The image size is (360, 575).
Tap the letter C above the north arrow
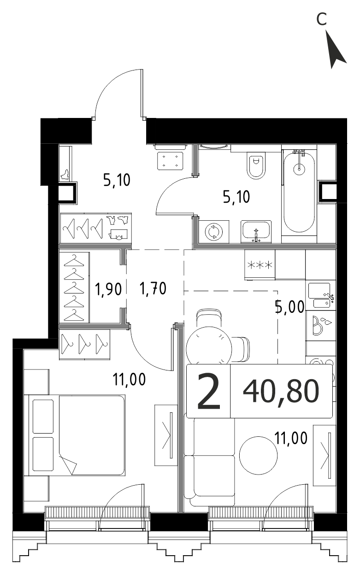pyautogui.click(x=321, y=19)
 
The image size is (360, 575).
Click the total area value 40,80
pyautogui.click(x=281, y=392)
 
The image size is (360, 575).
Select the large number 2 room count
pyautogui.click(x=208, y=391)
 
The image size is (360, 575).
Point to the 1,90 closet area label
pyautogui.click(x=108, y=289)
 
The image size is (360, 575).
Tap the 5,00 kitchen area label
pyautogui.click(x=289, y=307)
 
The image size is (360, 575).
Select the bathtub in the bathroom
pyautogui.click(x=299, y=193)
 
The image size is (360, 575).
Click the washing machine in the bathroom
pyautogui.click(x=213, y=232)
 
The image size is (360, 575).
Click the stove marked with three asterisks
pyautogui.click(x=260, y=265)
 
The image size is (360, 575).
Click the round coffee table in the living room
pyautogui.click(x=258, y=455)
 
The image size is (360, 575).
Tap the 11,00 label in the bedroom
pyautogui.click(x=129, y=379)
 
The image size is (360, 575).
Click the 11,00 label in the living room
pyautogui.click(x=291, y=438)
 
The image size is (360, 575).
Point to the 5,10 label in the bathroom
pyautogui.click(x=236, y=197)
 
